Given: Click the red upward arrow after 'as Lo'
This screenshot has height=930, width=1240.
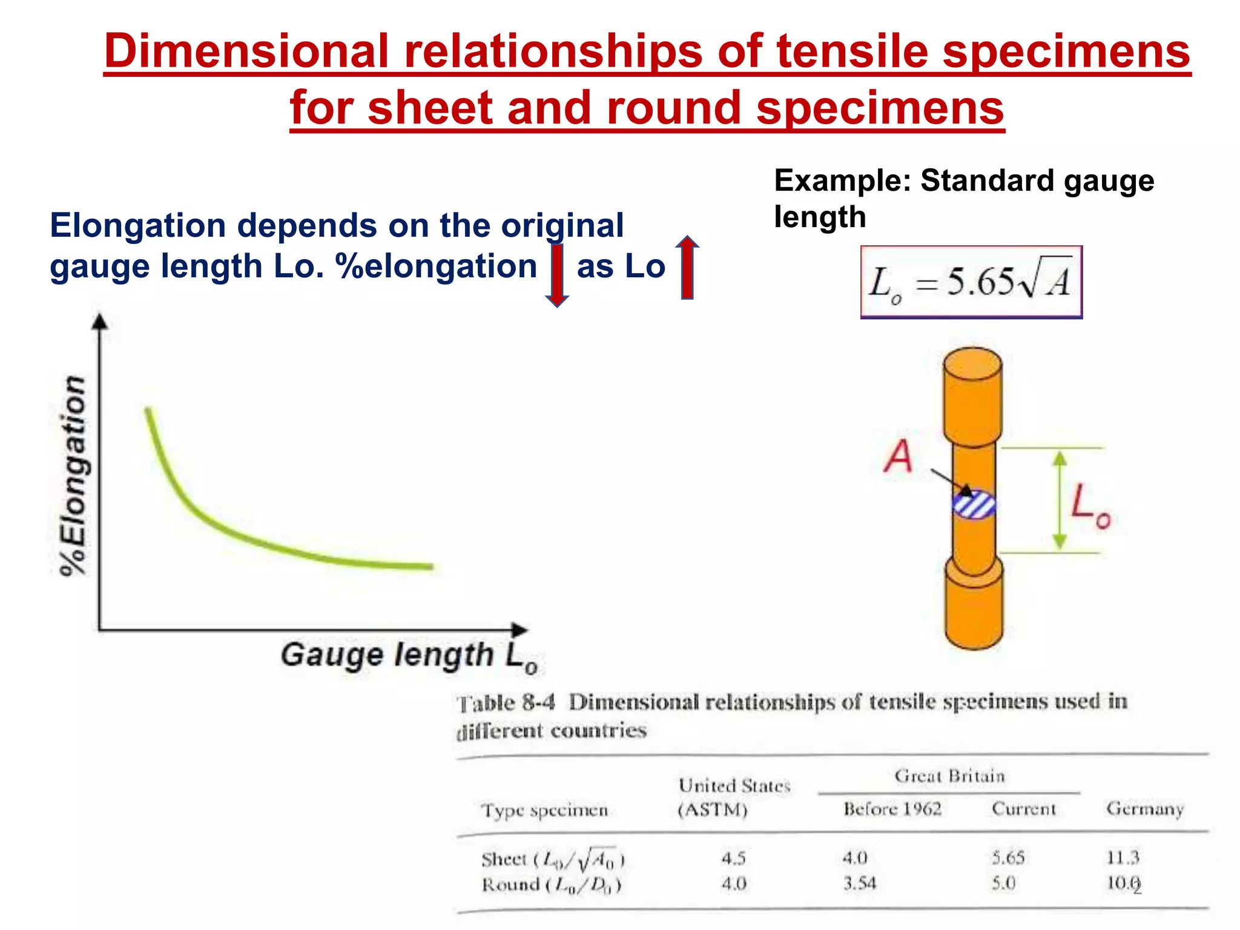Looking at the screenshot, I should pos(687,268).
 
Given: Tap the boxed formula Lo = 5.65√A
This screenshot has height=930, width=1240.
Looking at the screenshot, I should pos(971,282).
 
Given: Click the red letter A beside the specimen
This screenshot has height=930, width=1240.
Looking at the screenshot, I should pos(897,456).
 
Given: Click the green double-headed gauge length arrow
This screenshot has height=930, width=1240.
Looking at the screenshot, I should pos(1059,500).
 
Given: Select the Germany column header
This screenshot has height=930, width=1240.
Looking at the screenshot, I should pos(1144,809).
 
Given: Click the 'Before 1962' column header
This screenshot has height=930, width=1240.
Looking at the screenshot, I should pos(892,809).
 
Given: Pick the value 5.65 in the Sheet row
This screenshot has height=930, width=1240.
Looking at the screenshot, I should pos(1008,857).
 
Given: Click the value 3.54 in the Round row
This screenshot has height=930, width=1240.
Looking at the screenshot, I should pos(860,883).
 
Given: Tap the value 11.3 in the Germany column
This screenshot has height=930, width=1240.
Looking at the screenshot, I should pos(1123,857).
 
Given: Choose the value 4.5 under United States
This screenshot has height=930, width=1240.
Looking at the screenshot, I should pos(733,858).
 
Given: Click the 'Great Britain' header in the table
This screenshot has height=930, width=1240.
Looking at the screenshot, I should pos(949,776).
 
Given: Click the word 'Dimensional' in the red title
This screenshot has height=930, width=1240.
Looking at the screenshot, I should pos(246,51).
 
